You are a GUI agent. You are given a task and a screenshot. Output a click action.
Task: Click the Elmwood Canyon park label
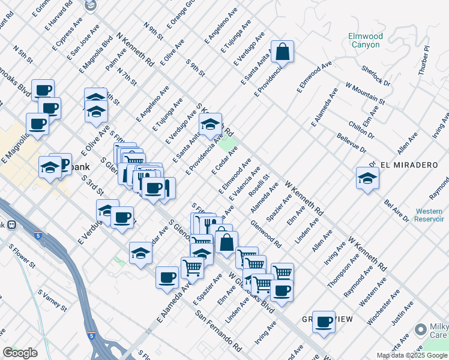coord(364,40)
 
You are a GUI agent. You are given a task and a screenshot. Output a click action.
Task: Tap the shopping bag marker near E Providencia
coord(282,52)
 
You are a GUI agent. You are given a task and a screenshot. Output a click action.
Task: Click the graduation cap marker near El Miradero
coord(367,178)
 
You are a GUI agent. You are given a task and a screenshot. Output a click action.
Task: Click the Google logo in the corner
coord(20,353)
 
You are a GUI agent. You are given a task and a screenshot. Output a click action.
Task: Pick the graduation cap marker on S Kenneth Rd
coord(210,125)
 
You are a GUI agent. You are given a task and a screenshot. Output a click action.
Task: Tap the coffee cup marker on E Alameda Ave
coord(167,278)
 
